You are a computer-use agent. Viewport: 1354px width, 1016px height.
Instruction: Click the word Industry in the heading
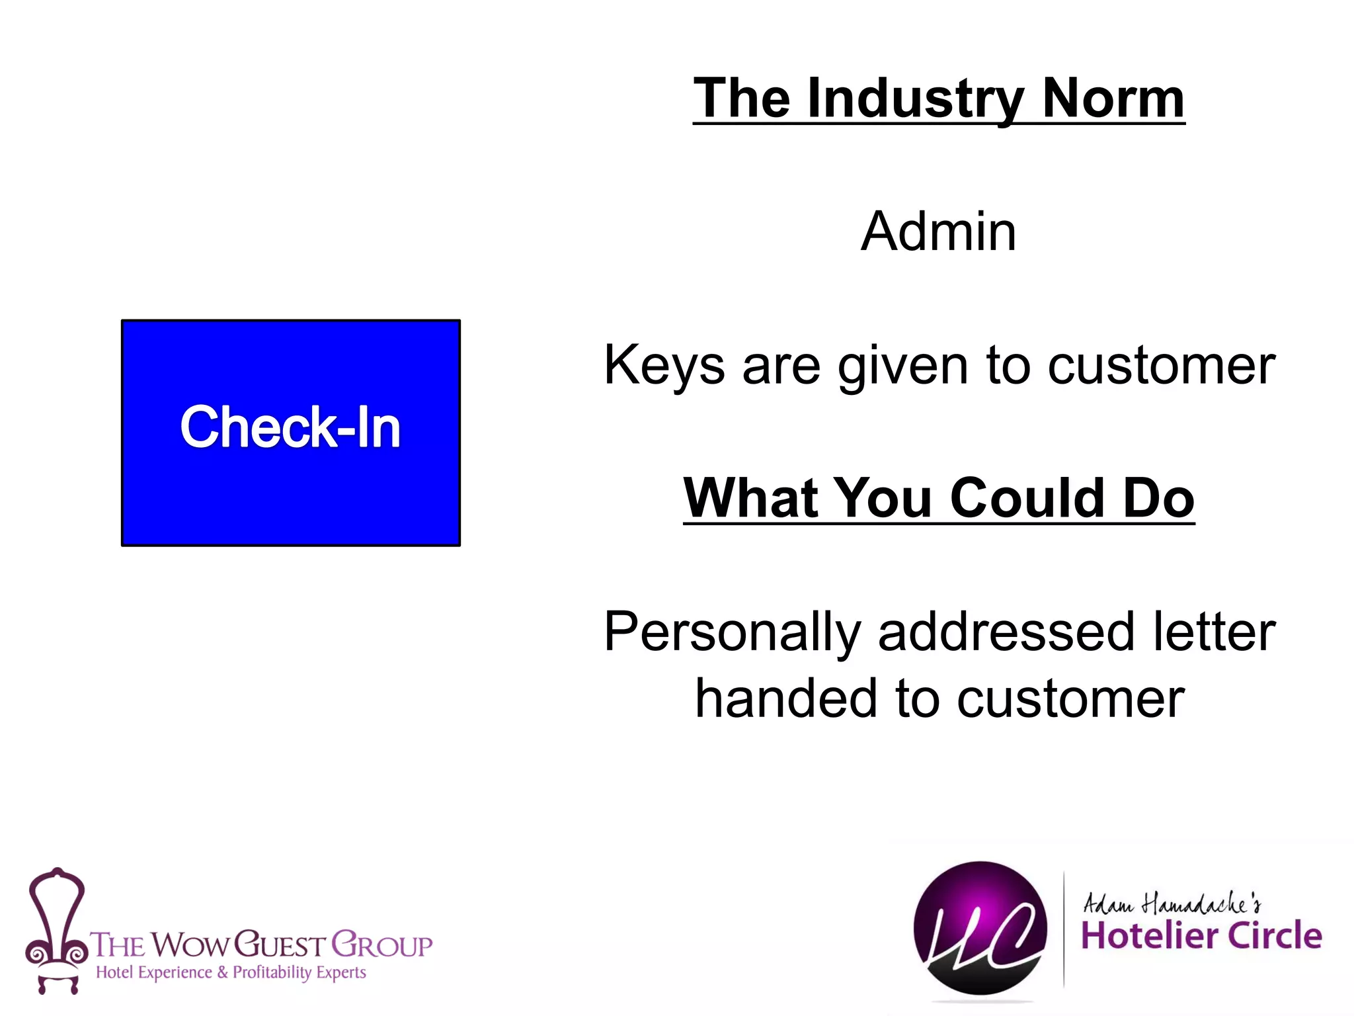click(916, 99)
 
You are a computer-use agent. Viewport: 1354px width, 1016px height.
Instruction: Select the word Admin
click(938, 232)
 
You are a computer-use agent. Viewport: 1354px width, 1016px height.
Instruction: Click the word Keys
click(664, 366)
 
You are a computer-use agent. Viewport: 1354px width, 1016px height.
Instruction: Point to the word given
click(903, 366)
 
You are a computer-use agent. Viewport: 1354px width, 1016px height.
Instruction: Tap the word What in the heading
click(749, 497)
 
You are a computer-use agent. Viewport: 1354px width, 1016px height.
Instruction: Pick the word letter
click(1214, 632)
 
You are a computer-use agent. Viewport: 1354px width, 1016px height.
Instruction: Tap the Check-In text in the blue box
click(290, 427)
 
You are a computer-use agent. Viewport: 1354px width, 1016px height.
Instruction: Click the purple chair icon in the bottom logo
click(57, 929)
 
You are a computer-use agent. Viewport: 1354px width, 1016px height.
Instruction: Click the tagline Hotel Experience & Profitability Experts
click(231, 972)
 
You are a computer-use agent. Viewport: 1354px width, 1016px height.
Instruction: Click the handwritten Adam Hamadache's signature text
click(1171, 903)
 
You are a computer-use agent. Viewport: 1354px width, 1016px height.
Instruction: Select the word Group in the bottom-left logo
click(381, 945)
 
